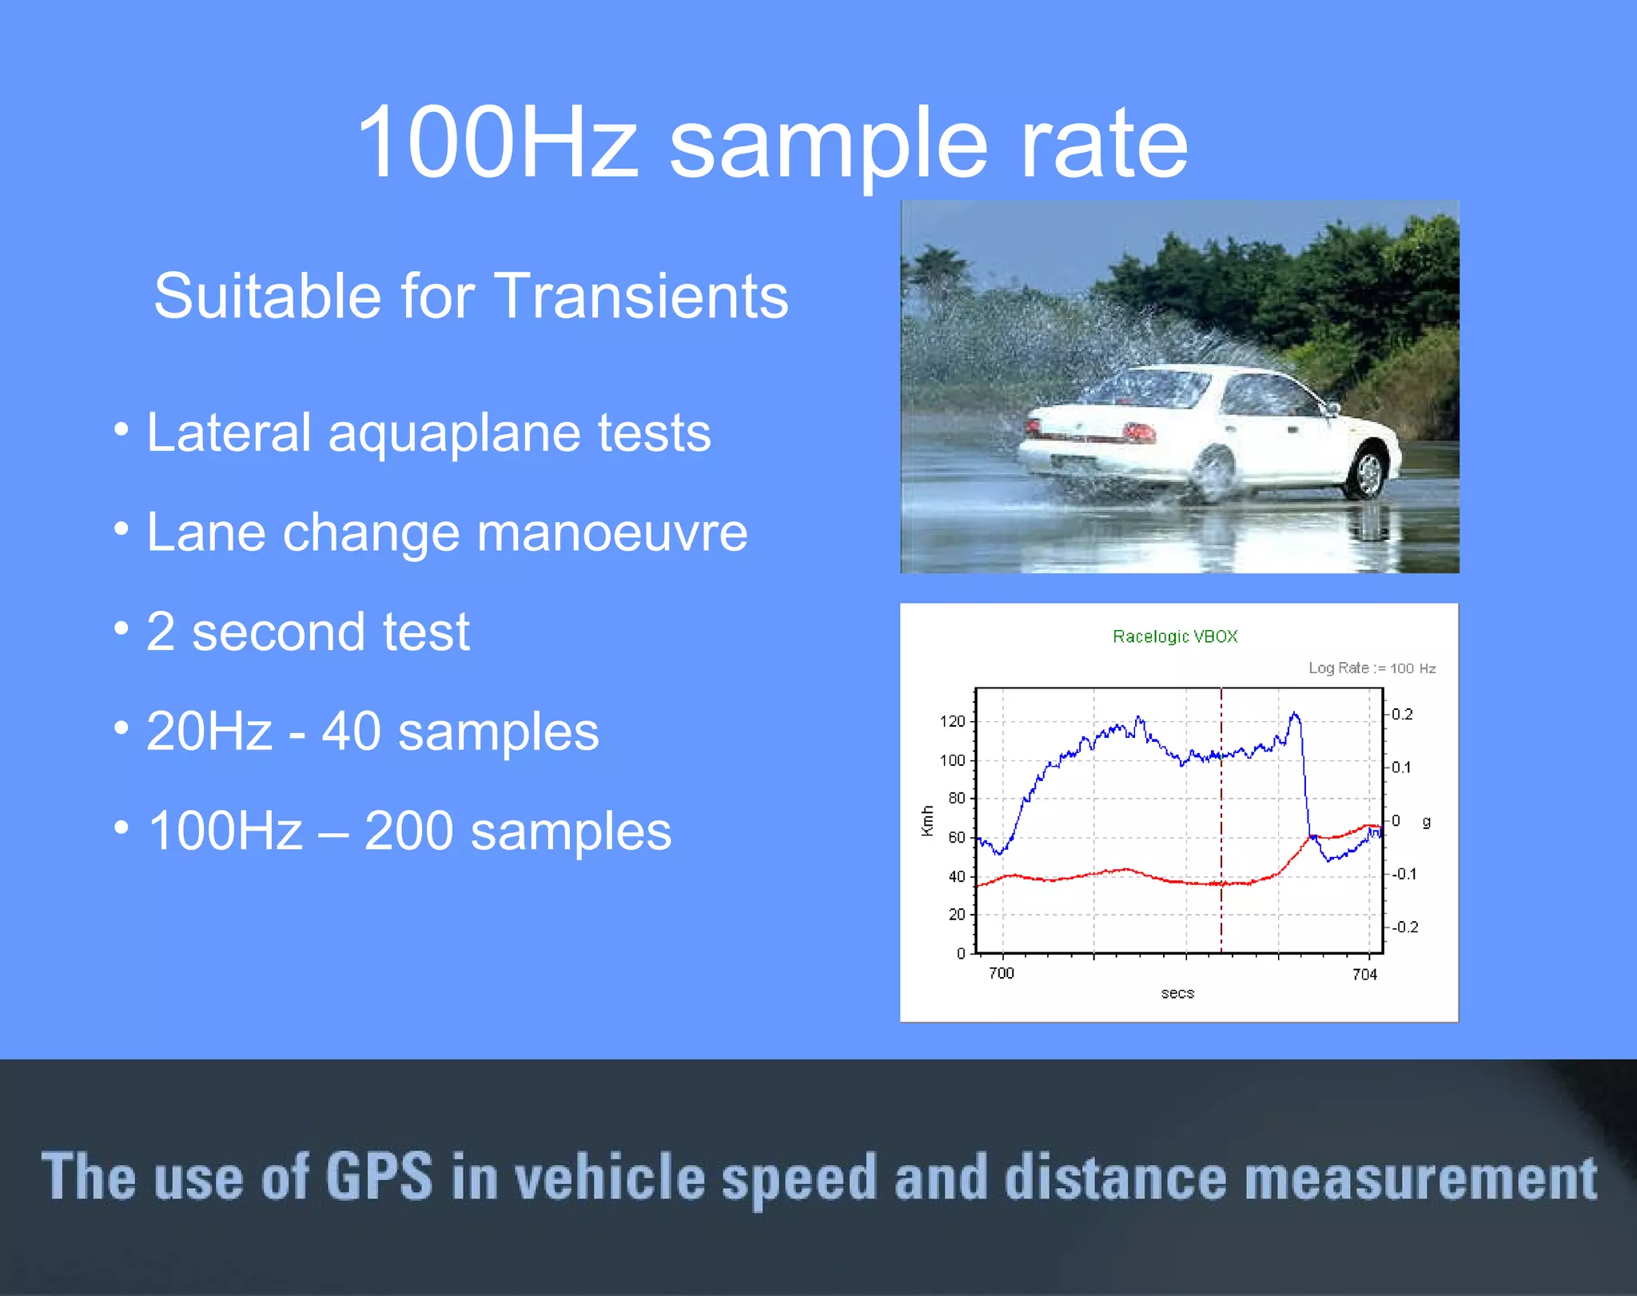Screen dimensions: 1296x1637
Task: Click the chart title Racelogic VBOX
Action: coord(1175,636)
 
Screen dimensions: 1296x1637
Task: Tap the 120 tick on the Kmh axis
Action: coord(953,721)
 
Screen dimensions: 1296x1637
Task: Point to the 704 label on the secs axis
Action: coord(1364,974)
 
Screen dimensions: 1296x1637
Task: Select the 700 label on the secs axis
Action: coord(1001,973)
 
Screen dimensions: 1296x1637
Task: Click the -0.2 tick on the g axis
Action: coord(1404,927)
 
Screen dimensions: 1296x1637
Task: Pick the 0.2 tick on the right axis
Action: coord(1402,714)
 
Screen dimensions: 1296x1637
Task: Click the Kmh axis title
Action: coord(927,821)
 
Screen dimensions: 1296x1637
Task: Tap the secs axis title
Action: coord(1177,993)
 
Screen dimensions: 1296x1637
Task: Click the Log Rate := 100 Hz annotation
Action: coord(1372,668)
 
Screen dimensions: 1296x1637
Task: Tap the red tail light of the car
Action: coord(1139,433)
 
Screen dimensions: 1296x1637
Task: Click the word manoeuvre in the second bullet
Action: coord(612,532)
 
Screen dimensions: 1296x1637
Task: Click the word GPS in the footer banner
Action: coord(379,1176)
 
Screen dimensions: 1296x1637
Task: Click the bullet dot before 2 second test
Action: coord(121,628)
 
